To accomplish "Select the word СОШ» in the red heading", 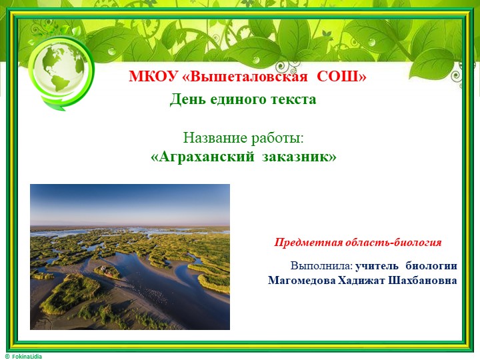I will click(x=341, y=77).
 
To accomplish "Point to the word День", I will click(x=185, y=100).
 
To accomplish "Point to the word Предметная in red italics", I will click(x=307, y=242).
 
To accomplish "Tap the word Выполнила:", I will click(x=321, y=266).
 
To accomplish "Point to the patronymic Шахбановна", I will click(x=425, y=280).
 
